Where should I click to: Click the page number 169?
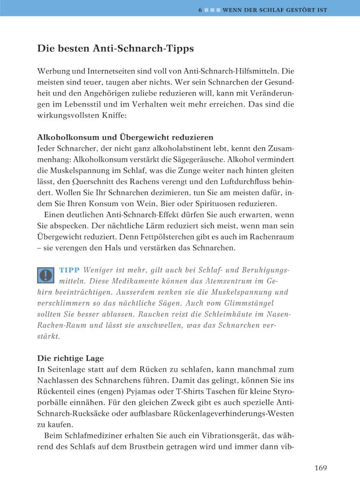[320, 468]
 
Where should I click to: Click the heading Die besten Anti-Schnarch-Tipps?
[115, 49]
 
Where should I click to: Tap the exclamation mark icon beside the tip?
[46, 275]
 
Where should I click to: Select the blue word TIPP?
[70, 270]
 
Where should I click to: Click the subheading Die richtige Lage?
[70, 358]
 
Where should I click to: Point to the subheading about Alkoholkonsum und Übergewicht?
[125, 137]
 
